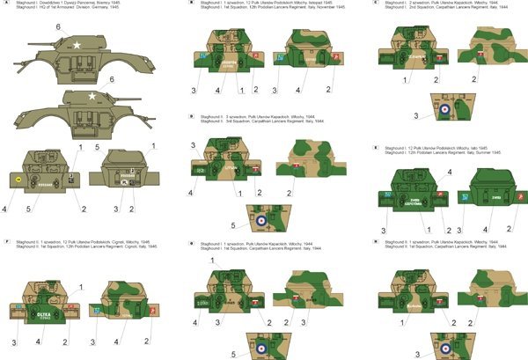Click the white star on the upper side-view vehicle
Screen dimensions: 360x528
tap(77, 40)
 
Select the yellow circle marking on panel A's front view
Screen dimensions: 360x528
tap(18, 175)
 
